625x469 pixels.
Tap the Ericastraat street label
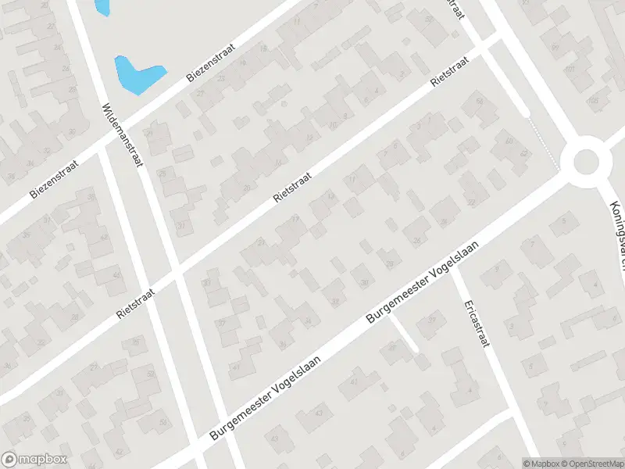[474, 322]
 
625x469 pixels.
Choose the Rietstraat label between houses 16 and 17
[293, 188]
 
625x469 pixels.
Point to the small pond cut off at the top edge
[102, 6]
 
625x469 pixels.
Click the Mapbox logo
[34, 460]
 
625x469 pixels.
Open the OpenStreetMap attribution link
[591, 463]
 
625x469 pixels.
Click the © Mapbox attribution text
[541, 463]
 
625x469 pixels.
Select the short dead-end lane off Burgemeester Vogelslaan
[404, 331]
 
